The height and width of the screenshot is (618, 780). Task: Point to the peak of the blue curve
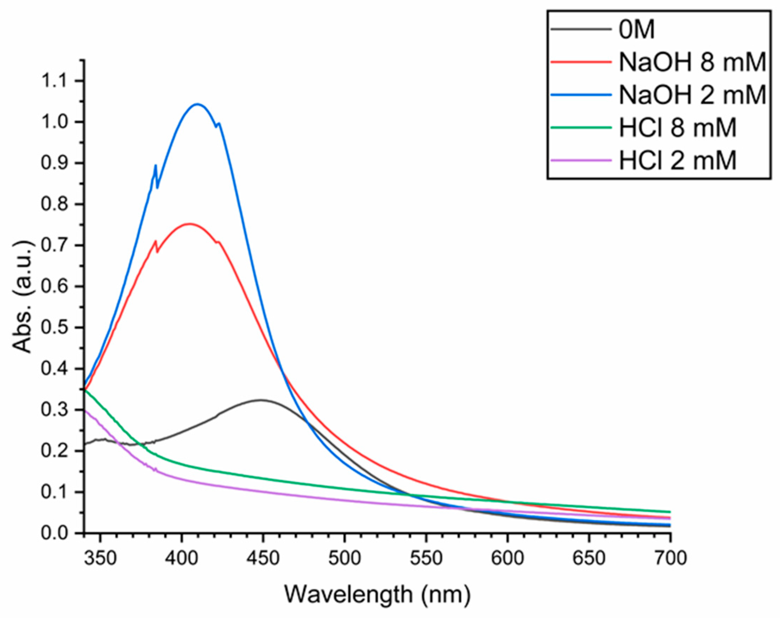(197, 104)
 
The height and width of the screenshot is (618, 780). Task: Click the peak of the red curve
(189, 224)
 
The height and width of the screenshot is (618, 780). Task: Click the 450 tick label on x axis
(263, 558)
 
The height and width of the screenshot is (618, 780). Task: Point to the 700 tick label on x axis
(670, 558)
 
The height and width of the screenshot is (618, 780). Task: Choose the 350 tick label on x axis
(100, 558)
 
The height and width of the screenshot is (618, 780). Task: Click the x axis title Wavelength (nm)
(377, 594)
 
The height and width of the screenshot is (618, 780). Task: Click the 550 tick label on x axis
(426, 558)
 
